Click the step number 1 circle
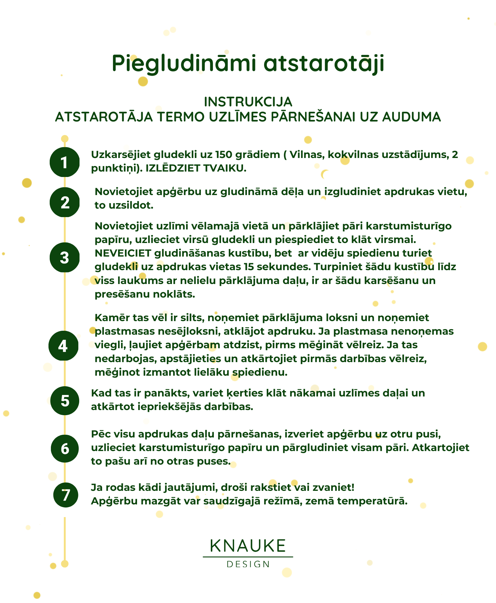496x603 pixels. (x=64, y=162)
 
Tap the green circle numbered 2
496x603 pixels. (x=64, y=202)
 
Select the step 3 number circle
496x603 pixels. (x=64, y=257)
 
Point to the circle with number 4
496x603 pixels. (x=63, y=346)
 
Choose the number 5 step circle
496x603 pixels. (x=65, y=401)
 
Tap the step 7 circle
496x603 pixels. (x=66, y=495)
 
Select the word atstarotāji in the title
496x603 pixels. (x=324, y=64)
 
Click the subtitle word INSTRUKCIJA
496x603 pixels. (x=248, y=102)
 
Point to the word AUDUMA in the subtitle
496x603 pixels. (x=411, y=117)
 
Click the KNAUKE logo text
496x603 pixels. (x=248, y=546)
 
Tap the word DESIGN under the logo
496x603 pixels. (x=248, y=564)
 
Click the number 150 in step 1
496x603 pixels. (x=223, y=155)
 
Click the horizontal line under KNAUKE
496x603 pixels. (x=248, y=557)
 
